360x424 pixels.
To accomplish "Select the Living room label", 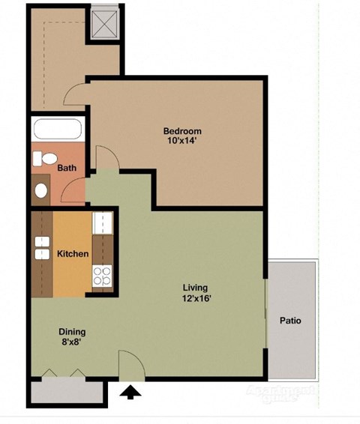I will pos(196,288).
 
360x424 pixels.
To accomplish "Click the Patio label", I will pos(290,321).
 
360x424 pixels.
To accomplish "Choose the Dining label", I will pos(73,332).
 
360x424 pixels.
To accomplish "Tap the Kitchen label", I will pos(73,254).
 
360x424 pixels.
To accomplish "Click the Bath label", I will pos(67,169).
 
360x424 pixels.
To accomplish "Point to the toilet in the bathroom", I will pos(46,159).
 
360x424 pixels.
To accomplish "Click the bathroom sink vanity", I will pos(40,189).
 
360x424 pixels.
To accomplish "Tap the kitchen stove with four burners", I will pos(101,276).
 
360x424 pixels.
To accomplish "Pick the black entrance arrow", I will pos(131,391).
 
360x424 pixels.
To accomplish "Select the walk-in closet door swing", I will pos(76,94).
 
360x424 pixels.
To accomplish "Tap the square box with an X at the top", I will pos(104,23).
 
